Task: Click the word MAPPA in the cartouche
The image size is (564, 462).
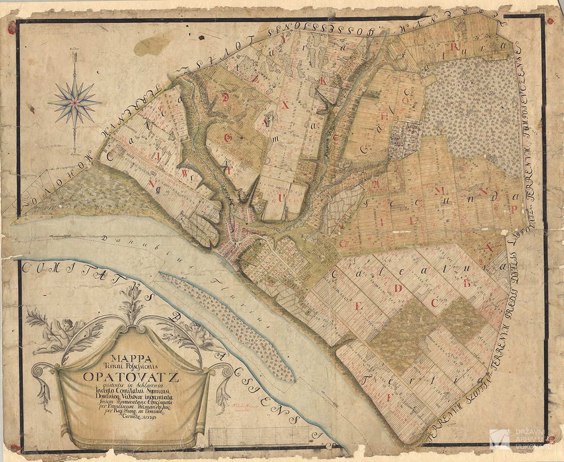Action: [x=130, y=359]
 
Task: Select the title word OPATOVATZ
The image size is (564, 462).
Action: [x=131, y=376]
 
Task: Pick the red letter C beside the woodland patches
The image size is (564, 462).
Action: [x=434, y=303]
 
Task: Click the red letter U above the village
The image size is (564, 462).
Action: [x=281, y=198]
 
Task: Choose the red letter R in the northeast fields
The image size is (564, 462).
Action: [x=455, y=48]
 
